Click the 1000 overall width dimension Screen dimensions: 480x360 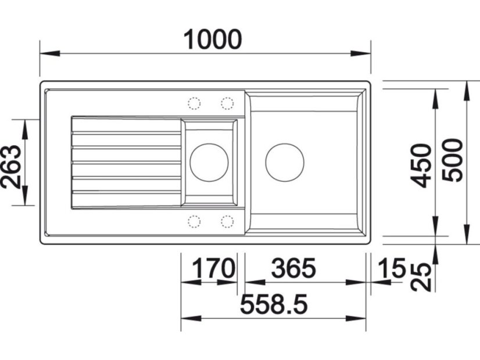(x=213, y=39)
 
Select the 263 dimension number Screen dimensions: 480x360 (x=11, y=167)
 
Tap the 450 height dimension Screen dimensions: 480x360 (x=421, y=165)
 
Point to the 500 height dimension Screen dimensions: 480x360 (x=453, y=160)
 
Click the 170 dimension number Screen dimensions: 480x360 (x=213, y=268)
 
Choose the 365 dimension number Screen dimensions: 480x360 (x=293, y=268)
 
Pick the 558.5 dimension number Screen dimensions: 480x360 (x=274, y=304)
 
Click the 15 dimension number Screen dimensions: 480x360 (x=392, y=268)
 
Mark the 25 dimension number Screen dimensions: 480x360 (x=421, y=277)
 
